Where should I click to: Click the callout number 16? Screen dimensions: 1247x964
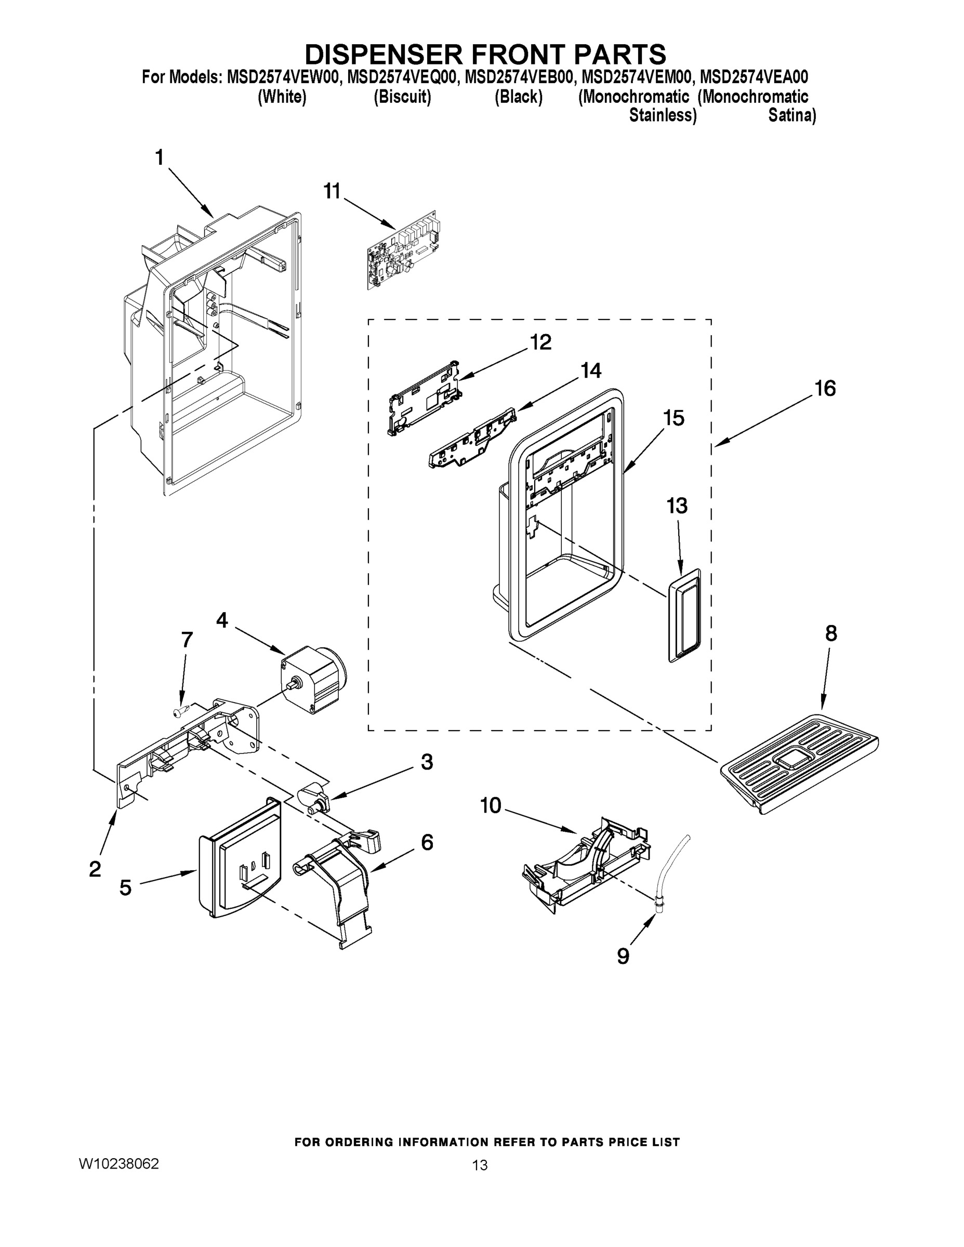coord(825,388)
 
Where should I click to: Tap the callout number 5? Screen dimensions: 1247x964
coord(125,888)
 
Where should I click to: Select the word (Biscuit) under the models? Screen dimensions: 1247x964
coord(402,97)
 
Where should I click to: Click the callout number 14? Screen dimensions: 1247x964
coord(590,370)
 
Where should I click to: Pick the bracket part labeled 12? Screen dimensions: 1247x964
coord(424,398)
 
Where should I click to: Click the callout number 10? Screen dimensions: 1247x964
coord(490,806)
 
